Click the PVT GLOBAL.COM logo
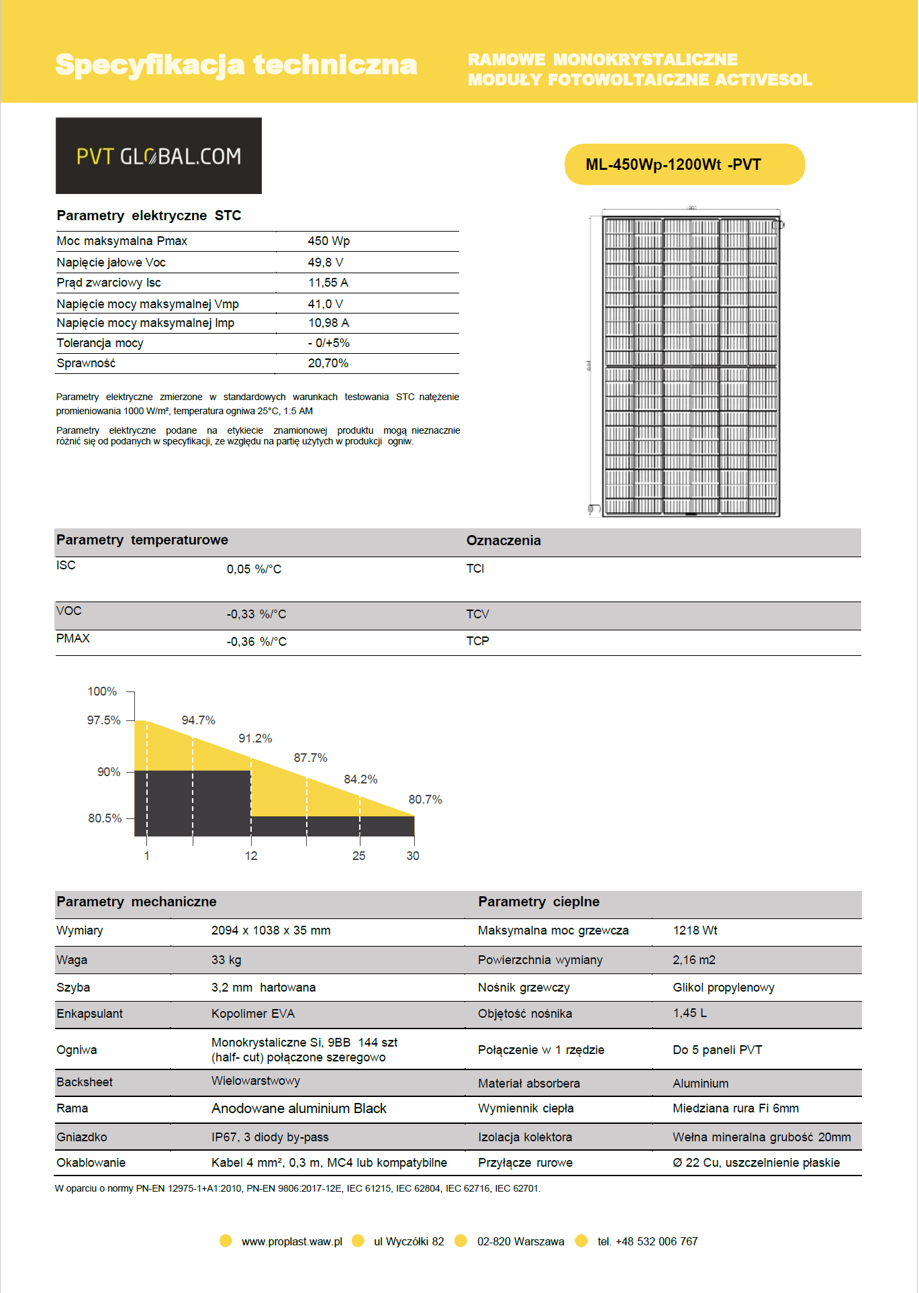point(158,156)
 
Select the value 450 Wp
point(328,241)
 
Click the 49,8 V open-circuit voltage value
point(326,262)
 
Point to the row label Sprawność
point(86,363)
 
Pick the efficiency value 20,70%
point(328,363)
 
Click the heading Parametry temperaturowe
point(142,540)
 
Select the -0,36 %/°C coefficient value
point(256,642)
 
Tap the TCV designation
point(477,614)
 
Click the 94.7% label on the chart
point(198,720)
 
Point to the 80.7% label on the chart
point(425,800)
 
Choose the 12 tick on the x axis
point(251,856)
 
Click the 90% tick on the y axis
point(109,772)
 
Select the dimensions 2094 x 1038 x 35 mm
point(271,930)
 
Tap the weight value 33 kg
point(226,960)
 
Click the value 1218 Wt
point(695,930)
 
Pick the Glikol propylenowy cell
point(723,988)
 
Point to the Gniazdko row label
point(82,1137)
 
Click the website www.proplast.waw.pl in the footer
point(292,1242)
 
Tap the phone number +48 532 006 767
point(656,1242)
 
